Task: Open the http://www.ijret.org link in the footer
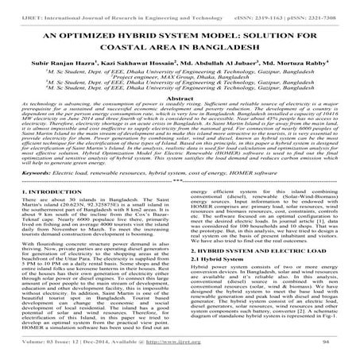203,350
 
